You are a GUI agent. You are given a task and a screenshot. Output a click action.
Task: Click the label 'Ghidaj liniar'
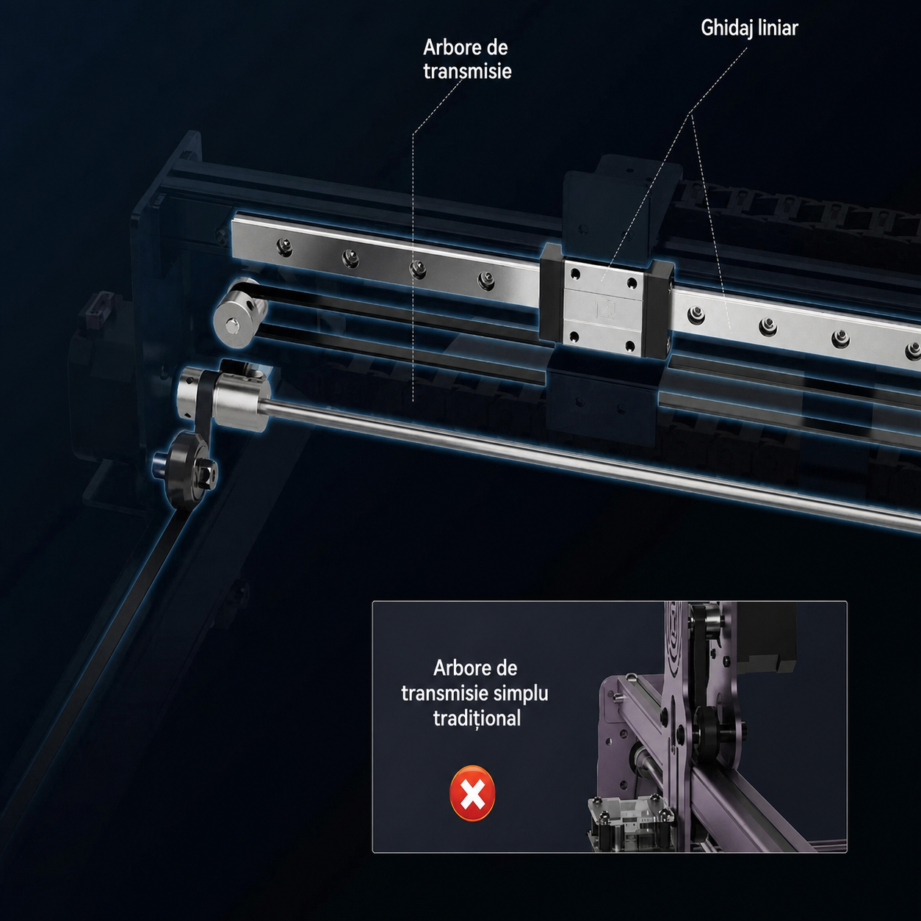point(749,28)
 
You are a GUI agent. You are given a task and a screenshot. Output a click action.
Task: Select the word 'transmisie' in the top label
point(467,72)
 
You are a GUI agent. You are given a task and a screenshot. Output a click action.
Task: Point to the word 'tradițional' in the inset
point(477,718)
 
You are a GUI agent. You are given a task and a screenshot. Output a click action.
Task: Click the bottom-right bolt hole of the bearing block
point(630,345)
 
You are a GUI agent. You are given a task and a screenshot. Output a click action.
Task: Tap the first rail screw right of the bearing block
point(696,315)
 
